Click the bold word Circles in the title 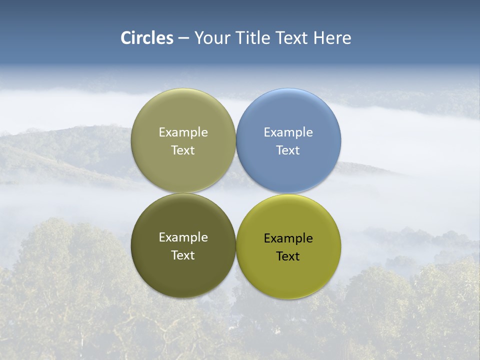tap(146, 38)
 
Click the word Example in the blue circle tap(288, 132)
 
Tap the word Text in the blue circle tap(288, 150)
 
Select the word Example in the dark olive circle tap(183, 237)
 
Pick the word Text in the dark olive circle tap(183, 255)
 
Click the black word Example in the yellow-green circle tap(288, 238)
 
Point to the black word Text tap(288, 256)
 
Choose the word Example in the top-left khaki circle tap(183, 132)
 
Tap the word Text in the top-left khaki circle tap(183, 150)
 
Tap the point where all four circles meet tap(236, 193)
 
